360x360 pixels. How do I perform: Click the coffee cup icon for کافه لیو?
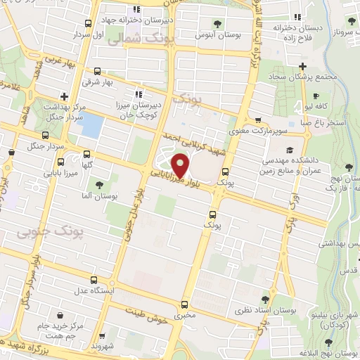click(x=316, y=95)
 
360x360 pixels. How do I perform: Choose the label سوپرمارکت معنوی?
click(x=256, y=131)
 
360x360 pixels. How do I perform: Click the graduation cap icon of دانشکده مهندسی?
click(x=289, y=150)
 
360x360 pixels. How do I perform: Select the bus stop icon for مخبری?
click(x=184, y=304)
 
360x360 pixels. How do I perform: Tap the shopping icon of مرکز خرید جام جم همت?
click(x=60, y=315)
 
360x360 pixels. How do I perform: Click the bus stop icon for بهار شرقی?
click(x=96, y=71)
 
